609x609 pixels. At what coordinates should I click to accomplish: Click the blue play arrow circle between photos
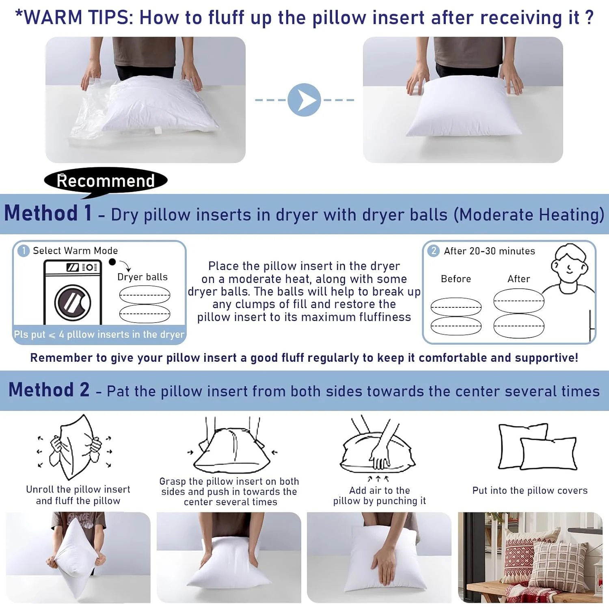point(304,100)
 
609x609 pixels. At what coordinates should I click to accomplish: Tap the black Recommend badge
point(106,181)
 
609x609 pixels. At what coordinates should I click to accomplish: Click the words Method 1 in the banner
point(48,213)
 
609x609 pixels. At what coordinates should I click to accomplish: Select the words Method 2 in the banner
point(49,390)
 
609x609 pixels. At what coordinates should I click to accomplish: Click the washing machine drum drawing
point(73,302)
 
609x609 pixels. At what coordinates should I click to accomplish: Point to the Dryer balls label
point(143,277)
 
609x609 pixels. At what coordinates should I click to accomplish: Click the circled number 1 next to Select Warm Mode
point(24,251)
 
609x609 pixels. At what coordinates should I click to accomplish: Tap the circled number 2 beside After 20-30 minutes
point(434,251)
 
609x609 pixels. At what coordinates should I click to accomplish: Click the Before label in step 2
point(456,279)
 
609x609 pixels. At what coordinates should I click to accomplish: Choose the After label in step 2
point(519,279)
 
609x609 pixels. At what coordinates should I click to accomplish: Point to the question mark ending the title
point(590,17)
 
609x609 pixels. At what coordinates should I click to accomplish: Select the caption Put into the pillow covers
point(530,490)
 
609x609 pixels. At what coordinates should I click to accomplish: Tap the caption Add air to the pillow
point(380,496)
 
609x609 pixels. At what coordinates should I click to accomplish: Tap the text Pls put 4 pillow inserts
point(99,335)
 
